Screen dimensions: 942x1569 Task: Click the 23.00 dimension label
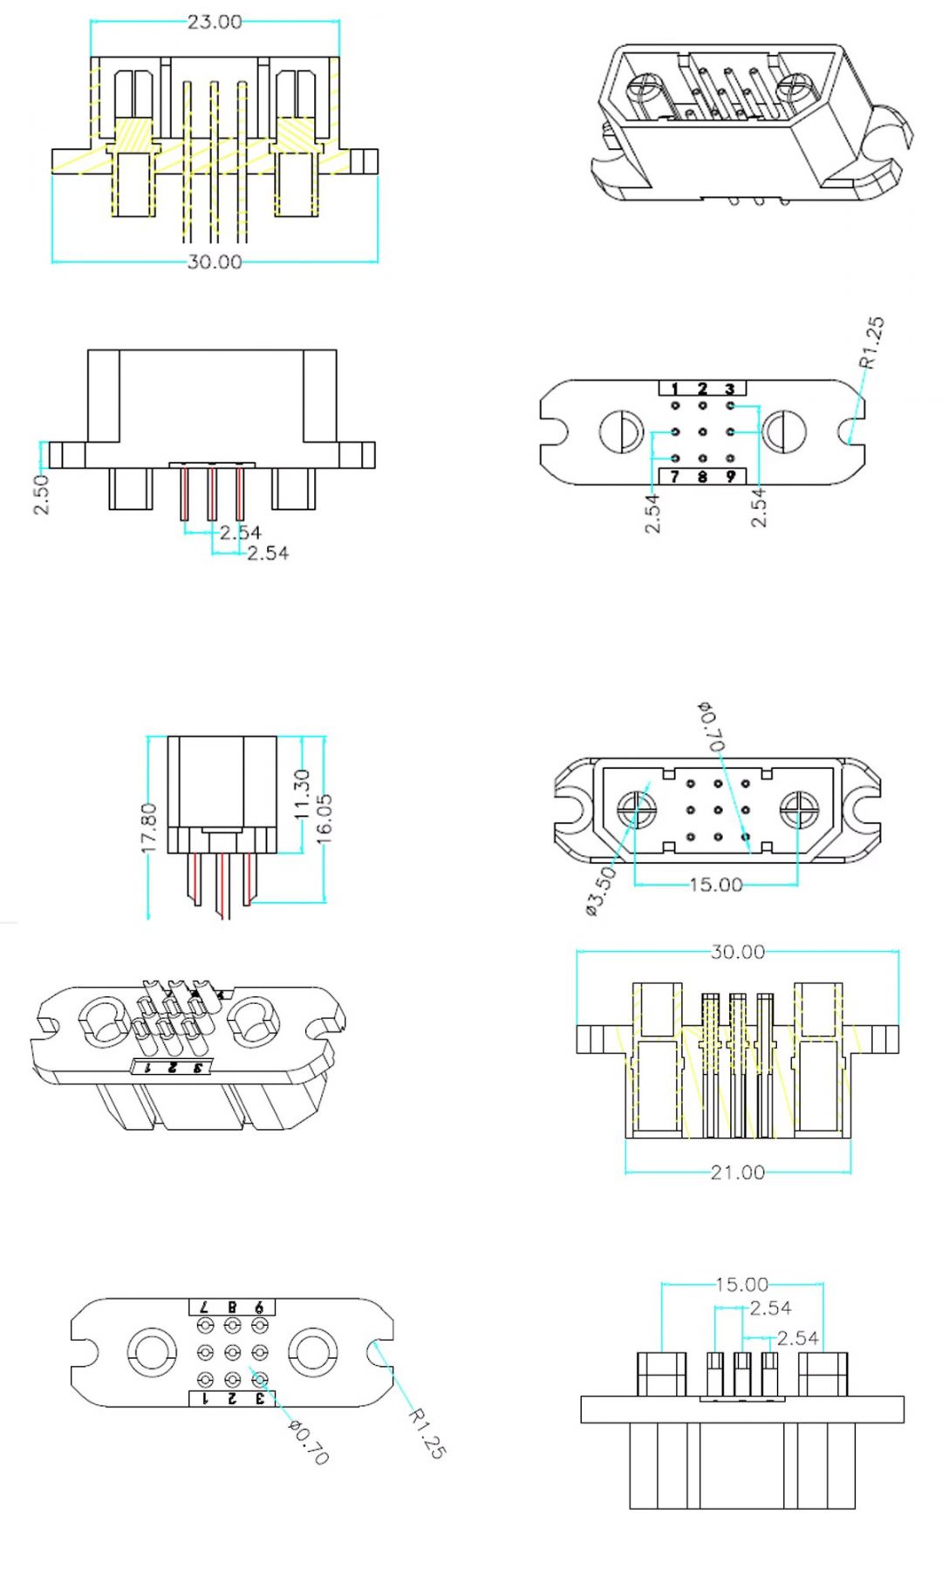coord(215,21)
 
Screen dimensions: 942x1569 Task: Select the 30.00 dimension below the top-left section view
coord(215,261)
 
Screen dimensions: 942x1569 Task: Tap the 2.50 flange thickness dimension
coord(42,493)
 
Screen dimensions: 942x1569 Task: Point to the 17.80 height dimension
coord(149,827)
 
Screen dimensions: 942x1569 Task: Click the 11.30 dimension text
coord(302,793)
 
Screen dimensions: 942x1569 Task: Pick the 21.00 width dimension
coord(737,1172)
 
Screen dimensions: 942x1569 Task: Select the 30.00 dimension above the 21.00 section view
coord(737,952)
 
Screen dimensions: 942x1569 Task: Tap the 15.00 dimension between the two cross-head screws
coord(716,885)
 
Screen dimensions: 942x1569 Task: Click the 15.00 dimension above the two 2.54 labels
coord(742,1284)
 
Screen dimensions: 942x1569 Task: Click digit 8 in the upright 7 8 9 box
coord(702,476)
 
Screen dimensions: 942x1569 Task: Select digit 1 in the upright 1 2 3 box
coord(675,389)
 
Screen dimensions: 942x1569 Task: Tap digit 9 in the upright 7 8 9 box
coord(730,476)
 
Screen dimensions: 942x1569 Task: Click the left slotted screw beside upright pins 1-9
coord(621,431)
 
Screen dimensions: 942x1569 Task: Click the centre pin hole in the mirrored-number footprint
coord(232,1353)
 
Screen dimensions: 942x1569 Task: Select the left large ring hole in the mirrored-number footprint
coord(153,1353)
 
